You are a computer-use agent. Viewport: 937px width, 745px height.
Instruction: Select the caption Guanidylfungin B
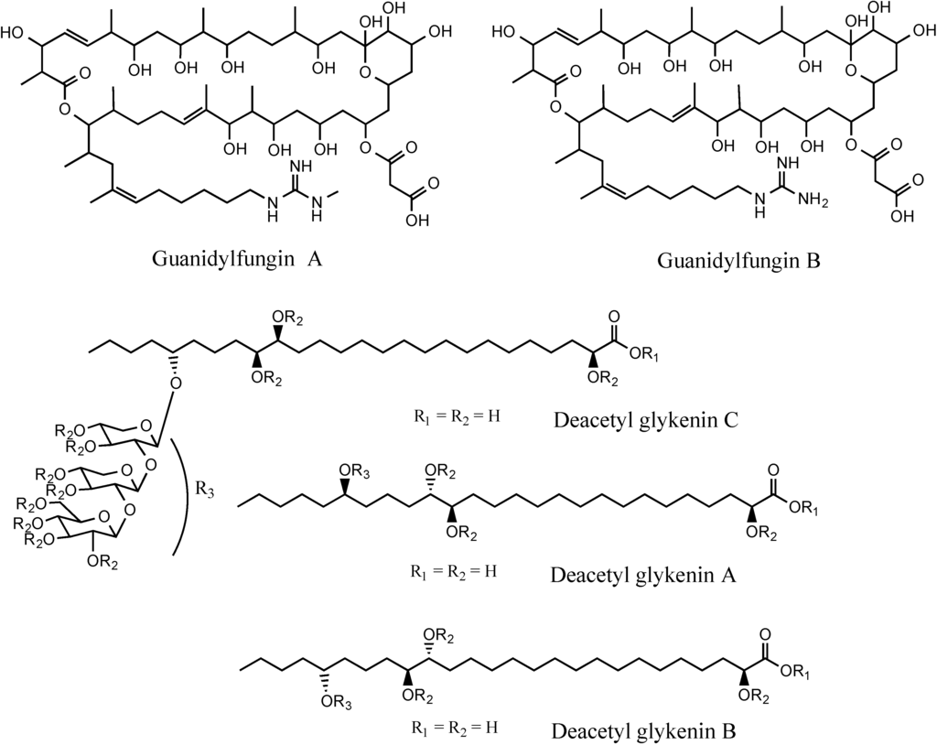tap(738, 261)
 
